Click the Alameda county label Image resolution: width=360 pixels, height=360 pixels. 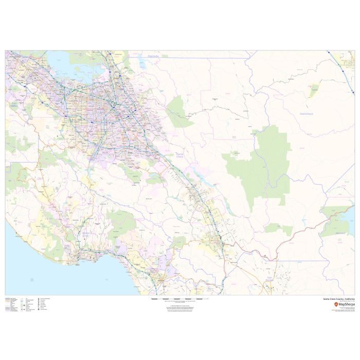click(x=153, y=56)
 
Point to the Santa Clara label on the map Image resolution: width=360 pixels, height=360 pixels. click(x=180, y=155)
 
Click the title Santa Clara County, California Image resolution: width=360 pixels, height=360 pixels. click(x=338, y=298)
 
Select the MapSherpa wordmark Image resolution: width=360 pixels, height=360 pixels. click(x=344, y=304)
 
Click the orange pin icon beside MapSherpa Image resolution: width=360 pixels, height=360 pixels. click(x=336, y=304)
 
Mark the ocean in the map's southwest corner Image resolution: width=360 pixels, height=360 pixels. click(x=41, y=273)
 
